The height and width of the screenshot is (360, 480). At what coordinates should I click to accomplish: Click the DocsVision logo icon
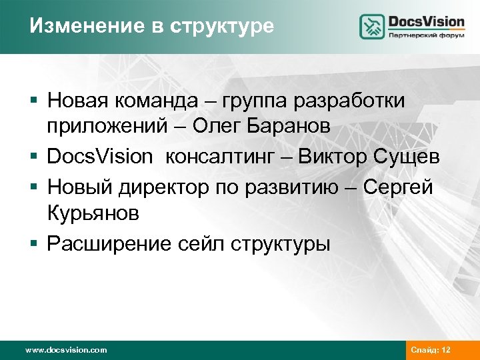(372, 27)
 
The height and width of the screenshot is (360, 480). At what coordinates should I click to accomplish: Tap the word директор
(171, 187)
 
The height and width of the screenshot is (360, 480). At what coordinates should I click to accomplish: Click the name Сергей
(398, 187)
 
